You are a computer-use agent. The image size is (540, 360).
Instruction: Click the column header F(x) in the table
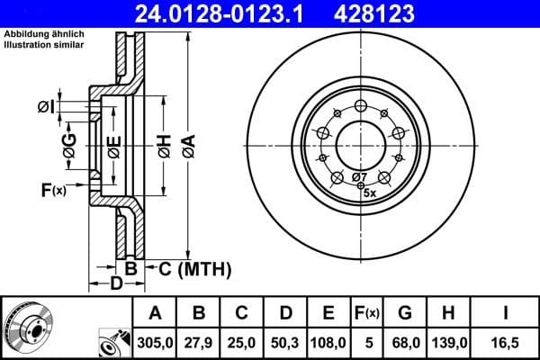click(x=367, y=313)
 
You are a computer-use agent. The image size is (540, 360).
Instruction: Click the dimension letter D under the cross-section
click(x=115, y=284)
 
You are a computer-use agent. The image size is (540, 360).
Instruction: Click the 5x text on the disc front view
click(x=369, y=192)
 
